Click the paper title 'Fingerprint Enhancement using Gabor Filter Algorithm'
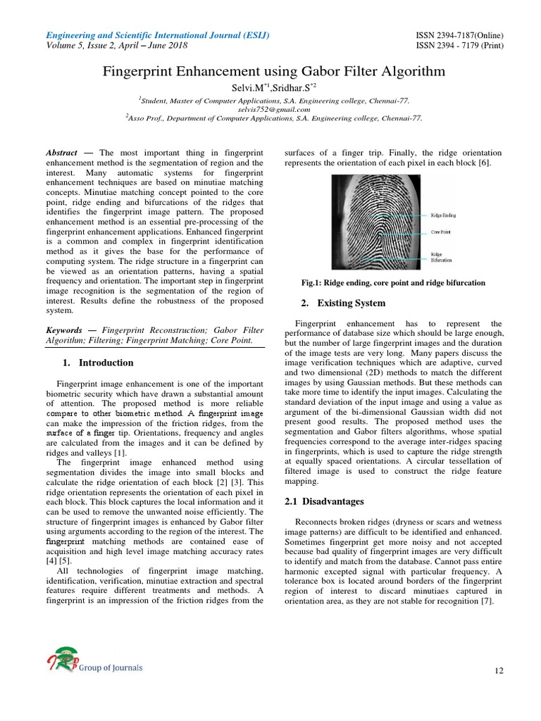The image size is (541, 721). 274,71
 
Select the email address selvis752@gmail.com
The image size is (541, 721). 273,109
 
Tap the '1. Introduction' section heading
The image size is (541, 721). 97,363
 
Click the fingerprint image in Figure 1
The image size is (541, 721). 377,222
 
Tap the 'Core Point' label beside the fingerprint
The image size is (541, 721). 441,230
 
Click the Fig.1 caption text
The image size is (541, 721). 392,282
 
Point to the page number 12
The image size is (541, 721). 499,671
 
